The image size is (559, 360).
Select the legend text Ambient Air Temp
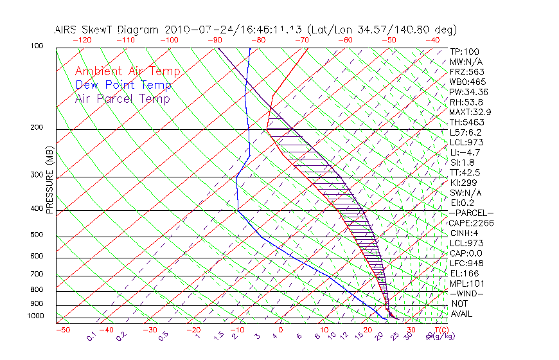coord(127,71)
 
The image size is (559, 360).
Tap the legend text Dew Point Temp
coord(123,85)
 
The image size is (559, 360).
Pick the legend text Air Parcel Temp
coord(122,98)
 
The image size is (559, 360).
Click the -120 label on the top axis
coord(82,40)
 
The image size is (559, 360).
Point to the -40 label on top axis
coord(433,40)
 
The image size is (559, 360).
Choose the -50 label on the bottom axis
coord(62,330)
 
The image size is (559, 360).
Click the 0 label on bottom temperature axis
coord(281,330)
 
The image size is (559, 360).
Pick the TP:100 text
coord(465,51)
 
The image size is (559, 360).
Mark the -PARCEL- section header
coord(471,213)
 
